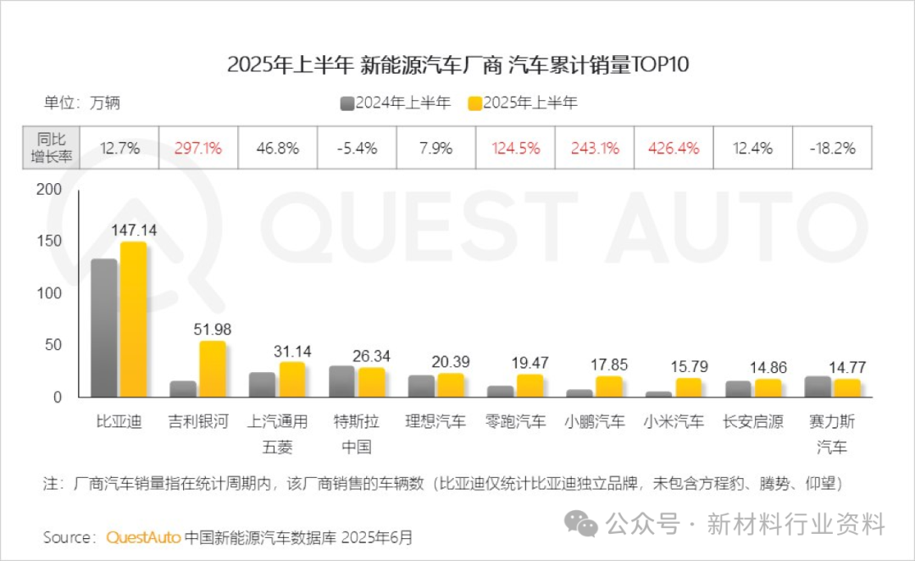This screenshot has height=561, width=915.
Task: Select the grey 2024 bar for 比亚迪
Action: coord(104,328)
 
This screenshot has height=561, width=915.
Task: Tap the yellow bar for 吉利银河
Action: coord(212,369)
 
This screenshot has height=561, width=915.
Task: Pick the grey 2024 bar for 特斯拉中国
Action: coord(341,381)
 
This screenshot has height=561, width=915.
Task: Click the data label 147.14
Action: coord(134,230)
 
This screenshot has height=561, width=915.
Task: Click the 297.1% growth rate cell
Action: coord(198,148)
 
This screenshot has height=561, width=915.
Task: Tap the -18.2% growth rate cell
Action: coord(833,148)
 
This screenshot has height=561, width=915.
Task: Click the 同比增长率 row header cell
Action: coord(52,148)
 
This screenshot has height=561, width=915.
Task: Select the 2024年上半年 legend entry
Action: coord(396,103)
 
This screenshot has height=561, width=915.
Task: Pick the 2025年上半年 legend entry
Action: coord(523,103)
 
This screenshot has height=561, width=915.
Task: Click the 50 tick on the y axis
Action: coord(54,345)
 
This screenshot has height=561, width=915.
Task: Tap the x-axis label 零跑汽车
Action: coord(516,421)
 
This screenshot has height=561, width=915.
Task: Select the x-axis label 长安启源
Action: coord(752,421)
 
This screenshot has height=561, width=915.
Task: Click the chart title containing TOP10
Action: coord(457,65)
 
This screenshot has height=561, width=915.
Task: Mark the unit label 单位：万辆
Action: coord(82,103)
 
